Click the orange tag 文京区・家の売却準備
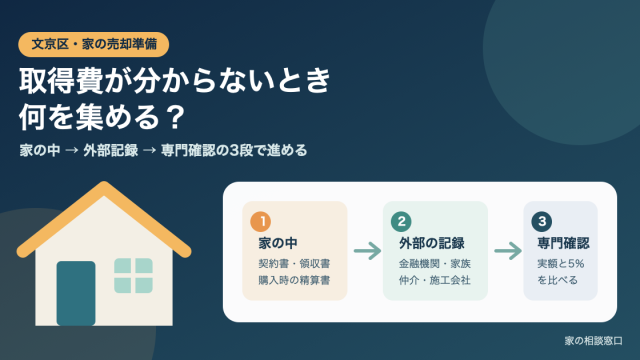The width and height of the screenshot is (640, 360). (93, 44)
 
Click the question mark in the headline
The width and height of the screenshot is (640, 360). (175, 118)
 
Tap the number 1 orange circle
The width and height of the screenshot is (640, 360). (260, 222)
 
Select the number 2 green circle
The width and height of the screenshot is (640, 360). (401, 222)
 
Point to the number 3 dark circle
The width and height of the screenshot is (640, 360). (542, 222)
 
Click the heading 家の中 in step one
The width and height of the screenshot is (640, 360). (278, 243)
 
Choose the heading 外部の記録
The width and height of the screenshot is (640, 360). (431, 243)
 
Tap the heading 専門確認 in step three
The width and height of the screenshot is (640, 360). (563, 243)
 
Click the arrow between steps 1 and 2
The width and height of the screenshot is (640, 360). (367, 251)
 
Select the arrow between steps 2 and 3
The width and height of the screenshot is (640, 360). (508, 251)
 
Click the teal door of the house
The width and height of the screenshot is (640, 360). (76, 293)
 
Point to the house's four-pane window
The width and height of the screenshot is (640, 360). (133, 276)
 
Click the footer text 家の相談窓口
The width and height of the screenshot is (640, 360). (593, 341)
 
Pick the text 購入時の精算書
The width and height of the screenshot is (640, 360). (294, 280)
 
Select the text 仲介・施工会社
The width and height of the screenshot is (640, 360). (435, 280)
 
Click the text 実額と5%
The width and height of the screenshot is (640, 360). (560, 264)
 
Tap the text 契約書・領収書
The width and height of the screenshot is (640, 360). (294, 264)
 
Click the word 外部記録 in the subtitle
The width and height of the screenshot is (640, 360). (111, 150)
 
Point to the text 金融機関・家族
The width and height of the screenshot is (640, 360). (435, 264)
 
